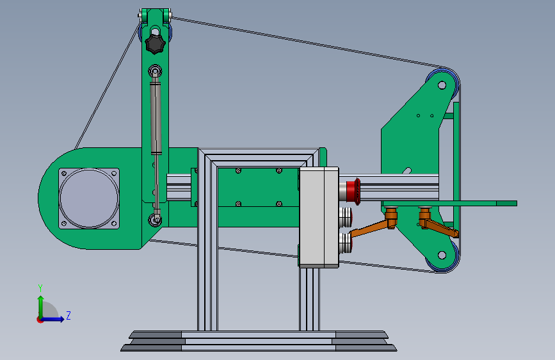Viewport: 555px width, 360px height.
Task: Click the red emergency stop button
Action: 353,191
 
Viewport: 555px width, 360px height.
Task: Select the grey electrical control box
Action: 319,217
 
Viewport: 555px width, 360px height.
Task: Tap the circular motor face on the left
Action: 89,198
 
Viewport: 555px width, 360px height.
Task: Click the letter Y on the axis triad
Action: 40,288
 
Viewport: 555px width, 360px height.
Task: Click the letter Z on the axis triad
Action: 68,315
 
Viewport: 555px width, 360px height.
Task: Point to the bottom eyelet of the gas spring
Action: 155,220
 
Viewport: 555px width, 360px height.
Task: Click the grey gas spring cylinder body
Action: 156,118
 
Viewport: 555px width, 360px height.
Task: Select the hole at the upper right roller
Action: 442,85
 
